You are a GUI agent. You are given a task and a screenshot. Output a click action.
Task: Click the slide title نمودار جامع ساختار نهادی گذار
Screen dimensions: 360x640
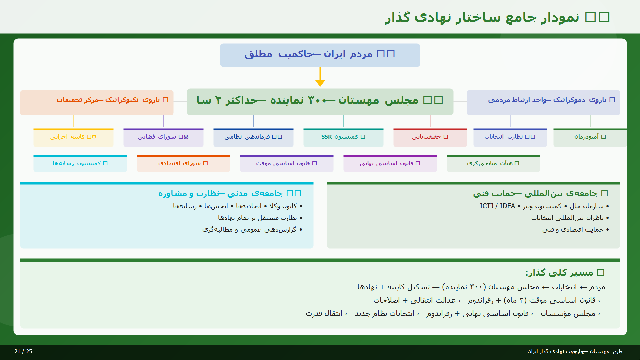(x=497, y=17)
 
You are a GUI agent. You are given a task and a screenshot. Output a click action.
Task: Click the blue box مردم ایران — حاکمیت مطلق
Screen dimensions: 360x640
(x=320, y=55)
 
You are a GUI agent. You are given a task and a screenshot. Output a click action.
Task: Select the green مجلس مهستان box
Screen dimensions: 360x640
(x=320, y=102)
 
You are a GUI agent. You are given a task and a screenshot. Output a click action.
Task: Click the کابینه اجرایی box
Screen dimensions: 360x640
(x=73, y=137)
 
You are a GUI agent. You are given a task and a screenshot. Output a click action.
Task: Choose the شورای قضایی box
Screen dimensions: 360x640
(x=163, y=137)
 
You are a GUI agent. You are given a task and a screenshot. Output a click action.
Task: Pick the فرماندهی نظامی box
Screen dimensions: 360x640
(x=253, y=137)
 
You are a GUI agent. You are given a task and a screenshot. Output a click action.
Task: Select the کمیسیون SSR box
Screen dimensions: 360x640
(x=343, y=137)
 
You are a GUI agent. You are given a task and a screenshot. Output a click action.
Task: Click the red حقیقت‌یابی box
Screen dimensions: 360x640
(x=430, y=137)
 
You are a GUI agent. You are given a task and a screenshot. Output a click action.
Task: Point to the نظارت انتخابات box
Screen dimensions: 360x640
(x=510, y=137)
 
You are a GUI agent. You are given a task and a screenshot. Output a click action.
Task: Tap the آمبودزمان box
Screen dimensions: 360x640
(x=590, y=137)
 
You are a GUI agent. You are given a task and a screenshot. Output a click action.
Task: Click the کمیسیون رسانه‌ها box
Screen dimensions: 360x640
(x=80, y=164)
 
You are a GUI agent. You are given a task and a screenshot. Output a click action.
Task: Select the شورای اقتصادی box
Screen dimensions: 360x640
(x=183, y=164)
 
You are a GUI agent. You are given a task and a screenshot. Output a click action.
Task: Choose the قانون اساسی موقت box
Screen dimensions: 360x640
(x=287, y=164)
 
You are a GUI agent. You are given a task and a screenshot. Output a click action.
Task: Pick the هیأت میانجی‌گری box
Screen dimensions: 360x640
(x=493, y=164)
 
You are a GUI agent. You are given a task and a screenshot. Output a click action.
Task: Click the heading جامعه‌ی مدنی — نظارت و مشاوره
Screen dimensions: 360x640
(x=230, y=194)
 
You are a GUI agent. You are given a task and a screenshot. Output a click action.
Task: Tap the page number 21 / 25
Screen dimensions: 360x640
(x=23, y=351)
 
